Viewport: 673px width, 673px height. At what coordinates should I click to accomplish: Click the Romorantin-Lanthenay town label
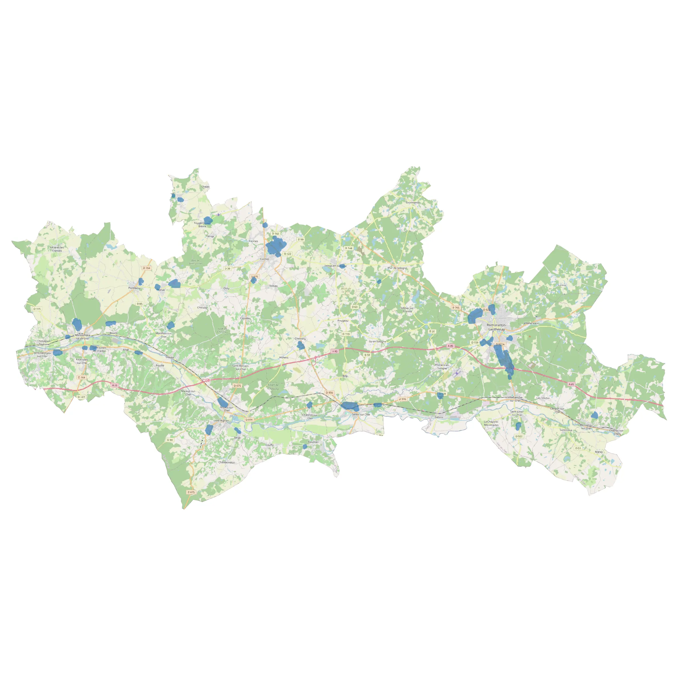pos(496,327)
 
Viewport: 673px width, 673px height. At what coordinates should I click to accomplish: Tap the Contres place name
pos(264,259)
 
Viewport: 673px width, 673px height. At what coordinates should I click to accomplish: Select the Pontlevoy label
pos(134,288)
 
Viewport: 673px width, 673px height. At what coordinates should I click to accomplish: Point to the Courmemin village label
pos(413,202)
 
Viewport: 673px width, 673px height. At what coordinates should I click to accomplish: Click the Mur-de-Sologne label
pos(397,268)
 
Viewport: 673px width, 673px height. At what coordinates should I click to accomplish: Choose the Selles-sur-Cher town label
pos(361,415)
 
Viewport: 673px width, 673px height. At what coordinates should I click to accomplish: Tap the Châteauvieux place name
pos(227,462)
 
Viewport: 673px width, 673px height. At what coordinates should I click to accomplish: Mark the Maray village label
pos(599,452)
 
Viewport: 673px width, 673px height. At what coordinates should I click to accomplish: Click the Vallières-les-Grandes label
pos(57,249)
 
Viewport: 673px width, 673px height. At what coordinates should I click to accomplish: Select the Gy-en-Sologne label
pos(377,341)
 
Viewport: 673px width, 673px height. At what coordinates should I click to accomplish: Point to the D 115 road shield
pos(37,309)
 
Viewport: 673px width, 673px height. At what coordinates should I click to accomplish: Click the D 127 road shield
pos(81,397)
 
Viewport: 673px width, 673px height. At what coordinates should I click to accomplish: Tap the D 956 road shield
pos(329,393)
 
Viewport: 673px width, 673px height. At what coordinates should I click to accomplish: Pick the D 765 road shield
pos(456,308)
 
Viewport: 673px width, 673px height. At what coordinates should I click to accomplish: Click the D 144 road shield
pos(349,248)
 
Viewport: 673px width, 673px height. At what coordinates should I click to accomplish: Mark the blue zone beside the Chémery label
pos(301,346)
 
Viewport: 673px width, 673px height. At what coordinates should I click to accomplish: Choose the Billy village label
pos(345,376)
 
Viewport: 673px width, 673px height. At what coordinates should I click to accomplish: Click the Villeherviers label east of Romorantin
pos(531,323)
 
